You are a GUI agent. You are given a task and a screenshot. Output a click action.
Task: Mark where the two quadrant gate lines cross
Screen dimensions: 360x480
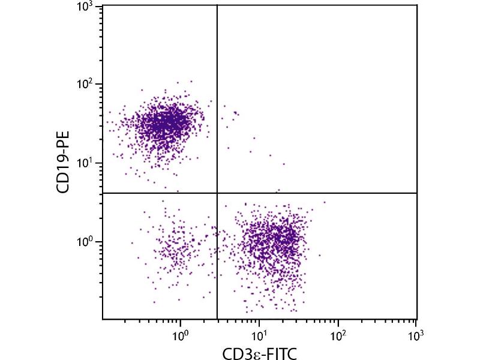click(x=217, y=193)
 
